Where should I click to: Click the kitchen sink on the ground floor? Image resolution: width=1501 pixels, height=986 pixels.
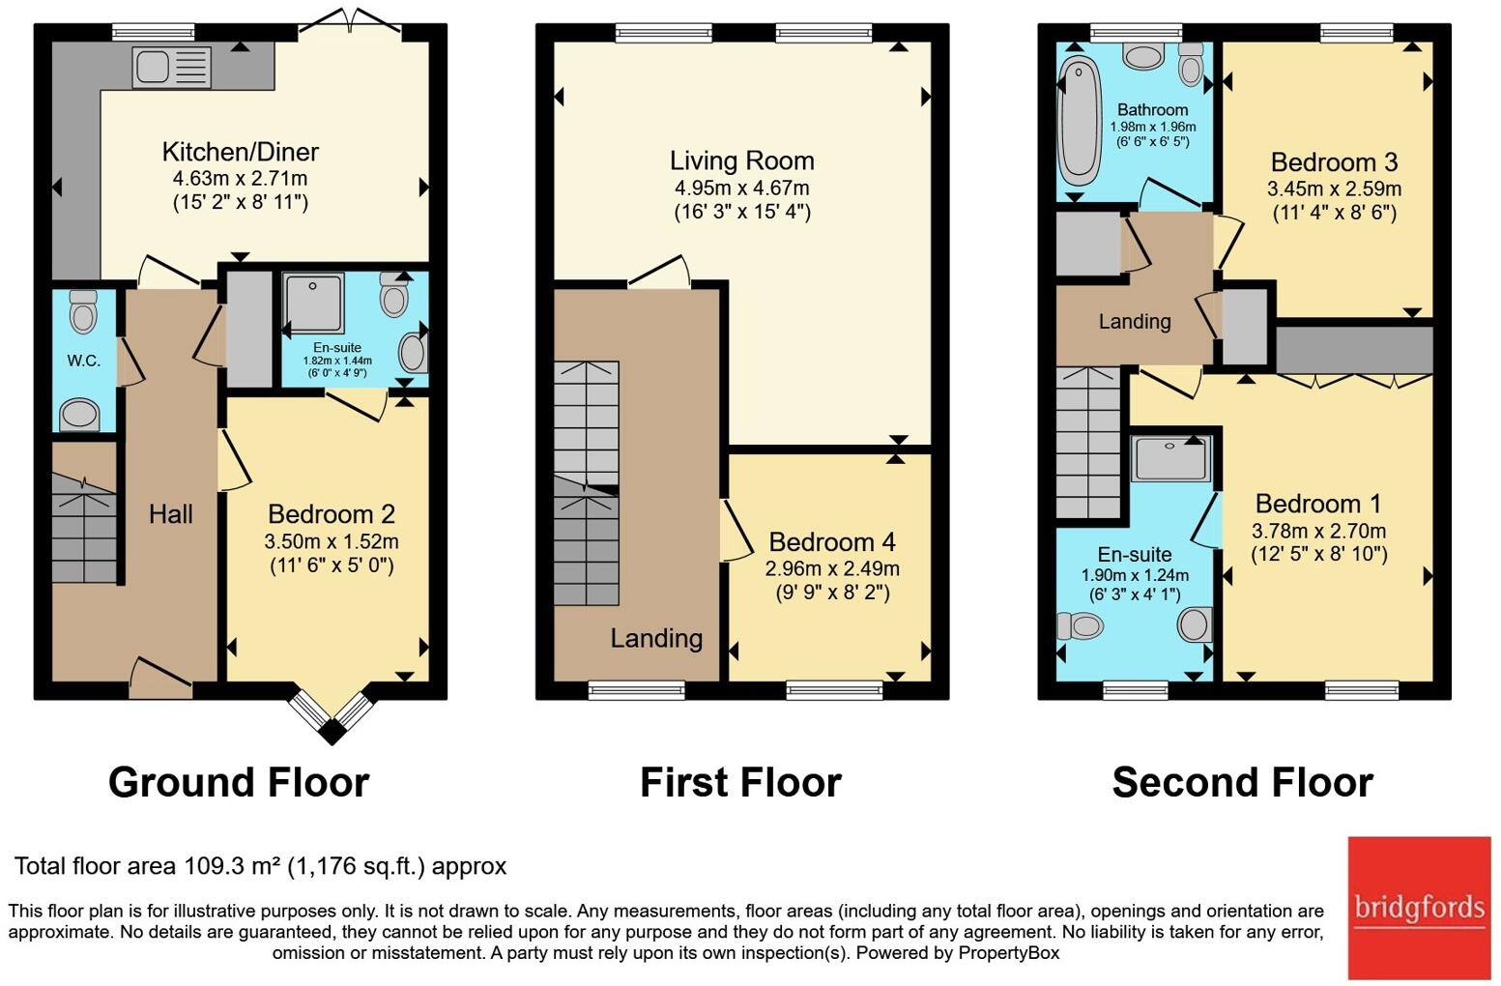172,67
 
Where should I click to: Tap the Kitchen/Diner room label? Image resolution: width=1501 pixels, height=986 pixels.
240,152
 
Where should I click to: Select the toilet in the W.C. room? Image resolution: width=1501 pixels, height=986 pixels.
83,311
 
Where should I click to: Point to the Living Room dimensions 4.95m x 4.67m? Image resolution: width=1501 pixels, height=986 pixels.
741,188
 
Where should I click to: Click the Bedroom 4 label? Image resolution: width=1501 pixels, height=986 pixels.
831,541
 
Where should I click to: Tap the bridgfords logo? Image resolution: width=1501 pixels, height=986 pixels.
1419,908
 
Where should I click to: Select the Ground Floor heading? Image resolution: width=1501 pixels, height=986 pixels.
239,782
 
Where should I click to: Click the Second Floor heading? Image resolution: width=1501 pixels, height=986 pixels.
1242,782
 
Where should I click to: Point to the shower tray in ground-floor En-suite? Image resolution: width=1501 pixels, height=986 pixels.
313,303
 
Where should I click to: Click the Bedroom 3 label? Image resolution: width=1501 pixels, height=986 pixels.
1334,162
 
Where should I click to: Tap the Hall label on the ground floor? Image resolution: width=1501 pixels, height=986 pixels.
171,514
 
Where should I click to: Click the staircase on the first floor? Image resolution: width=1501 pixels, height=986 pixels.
587,483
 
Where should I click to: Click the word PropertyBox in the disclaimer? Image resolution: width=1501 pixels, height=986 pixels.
1009,952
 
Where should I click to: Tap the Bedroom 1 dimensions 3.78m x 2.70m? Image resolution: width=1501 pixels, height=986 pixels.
1318,532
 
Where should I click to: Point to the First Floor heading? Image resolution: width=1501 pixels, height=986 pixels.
741,782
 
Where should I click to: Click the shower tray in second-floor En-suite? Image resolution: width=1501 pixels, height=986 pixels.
1170,458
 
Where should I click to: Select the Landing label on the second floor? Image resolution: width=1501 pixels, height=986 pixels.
1135,322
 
